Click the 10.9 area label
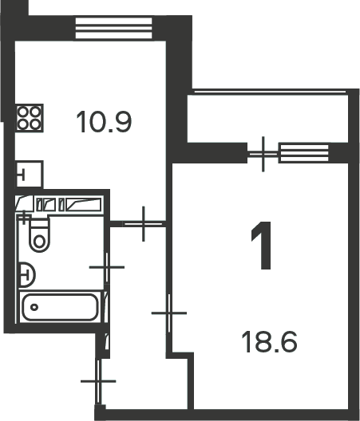pyautogui.click(x=104, y=122)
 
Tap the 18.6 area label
pyautogui.click(x=269, y=341)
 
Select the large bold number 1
pyautogui.click(x=261, y=246)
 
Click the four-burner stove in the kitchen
pyautogui.click(x=30, y=118)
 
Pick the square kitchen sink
pyautogui.click(x=30, y=175)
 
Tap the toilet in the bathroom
pyautogui.click(x=40, y=235)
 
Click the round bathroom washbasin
pyautogui.click(x=26, y=274)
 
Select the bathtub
pyautogui.click(x=60, y=307)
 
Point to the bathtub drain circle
pyautogui.click(x=34, y=307)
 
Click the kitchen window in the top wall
pyautogui.click(x=113, y=28)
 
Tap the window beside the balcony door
pyautogui.click(x=303, y=153)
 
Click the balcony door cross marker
pyautogui.click(x=263, y=154)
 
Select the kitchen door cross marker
pyautogui.click(x=144, y=223)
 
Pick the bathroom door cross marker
pyautogui.click(x=107, y=267)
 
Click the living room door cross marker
pyautogui.click(x=169, y=313)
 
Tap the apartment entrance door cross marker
pyautogui.click(x=98, y=381)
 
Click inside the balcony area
pyautogui.click(x=267, y=119)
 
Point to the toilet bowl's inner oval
pyautogui.click(x=40, y=241)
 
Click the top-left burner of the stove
pyautogui.click(x=23, y=112)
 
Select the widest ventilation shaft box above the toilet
pyautogui.click(x=83, y=205)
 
